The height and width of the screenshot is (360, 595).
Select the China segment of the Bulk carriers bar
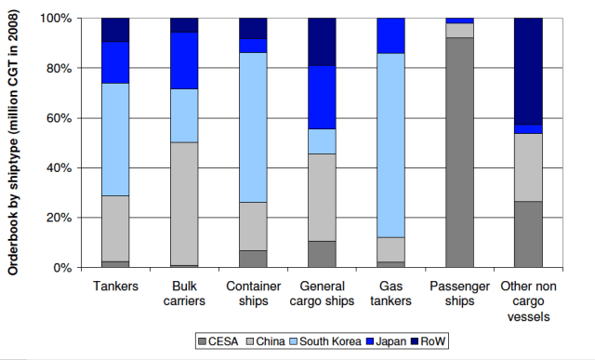pyautogui.click(x=184, y=204)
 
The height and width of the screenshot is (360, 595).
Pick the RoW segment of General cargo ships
pyautogui.click(x=322, y=42)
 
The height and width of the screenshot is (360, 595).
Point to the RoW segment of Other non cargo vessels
pyautogui.click(x=528, y=71)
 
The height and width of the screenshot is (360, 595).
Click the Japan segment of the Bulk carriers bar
pyautogui.click(x=184, y=60)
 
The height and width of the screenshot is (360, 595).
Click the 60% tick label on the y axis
pyautogui.click(x=58, y=118)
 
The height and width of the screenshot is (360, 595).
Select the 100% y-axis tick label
pyautogui.click(x=55, y=19)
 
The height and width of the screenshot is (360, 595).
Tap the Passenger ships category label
pyautogui.click(x=459, y=294)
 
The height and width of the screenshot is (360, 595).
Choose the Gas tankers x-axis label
pyautogui.click(x=390, y=294)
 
